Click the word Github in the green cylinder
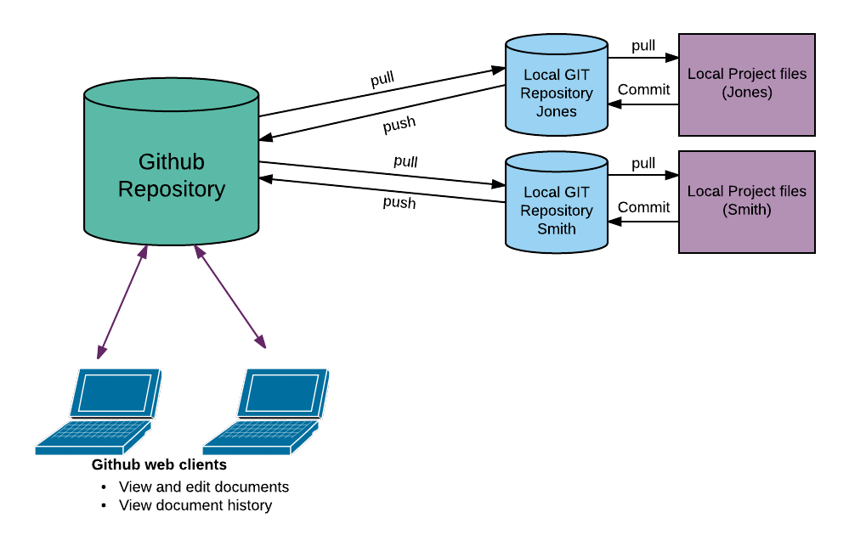click(x=171, y=162)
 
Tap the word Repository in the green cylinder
click(x=171, y=189)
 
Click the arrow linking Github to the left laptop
click(x=123, y=301)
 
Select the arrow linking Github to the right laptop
click(x=229, y=296)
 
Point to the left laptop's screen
click(x=116, y=392)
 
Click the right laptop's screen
click(x=283, y=392)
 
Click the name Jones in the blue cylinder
click(x=557, y=112)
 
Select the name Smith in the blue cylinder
click(x=557, y=229)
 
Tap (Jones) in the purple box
click(x=747, y=93)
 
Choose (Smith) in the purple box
click(x=747, y=210)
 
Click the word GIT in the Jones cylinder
click(x=575, y=75)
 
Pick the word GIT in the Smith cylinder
click(x=575, y=192)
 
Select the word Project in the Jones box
click(x=751, y=74)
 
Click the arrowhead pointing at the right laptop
click(x=262, y=343)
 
